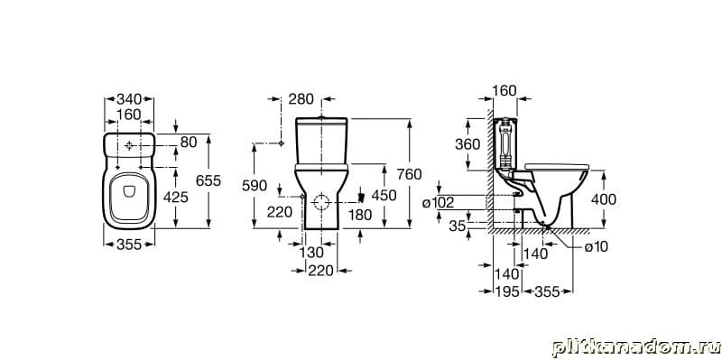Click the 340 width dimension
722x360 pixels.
(x=128, y=99)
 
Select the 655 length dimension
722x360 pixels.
(x=208, y=181)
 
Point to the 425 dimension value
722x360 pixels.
(x=176, y=198)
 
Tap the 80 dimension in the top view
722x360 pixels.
(x=189, y=143)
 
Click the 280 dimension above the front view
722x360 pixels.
(x=301, y=99)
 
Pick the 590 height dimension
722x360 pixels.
(x=255, y=186)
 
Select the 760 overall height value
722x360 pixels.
(x=409, y=174)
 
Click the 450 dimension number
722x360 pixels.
(x=384, y=196)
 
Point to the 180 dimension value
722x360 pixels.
(x=360, y=215)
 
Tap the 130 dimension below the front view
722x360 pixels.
(x=311, y=254)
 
